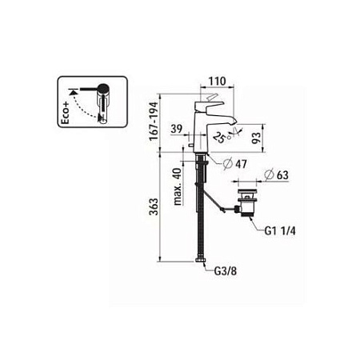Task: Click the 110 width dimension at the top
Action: point(211,82)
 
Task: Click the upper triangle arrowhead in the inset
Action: point(75,92)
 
